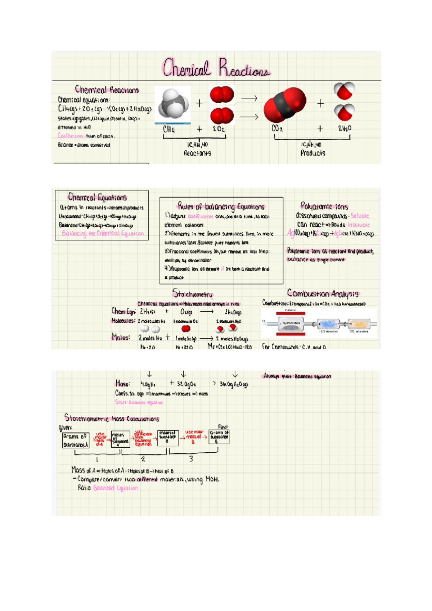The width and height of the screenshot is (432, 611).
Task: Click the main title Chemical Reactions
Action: click(x=216, y=68)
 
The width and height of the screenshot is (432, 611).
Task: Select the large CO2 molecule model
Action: click(x=285, y=104)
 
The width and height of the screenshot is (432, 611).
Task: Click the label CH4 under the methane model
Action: click(x=169, y=129)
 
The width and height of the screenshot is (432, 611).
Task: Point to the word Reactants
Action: click(x=197, y=153)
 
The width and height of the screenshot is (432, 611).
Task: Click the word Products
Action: click(x=313, y=153)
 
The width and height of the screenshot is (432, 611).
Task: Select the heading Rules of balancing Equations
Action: click(x=221, y=206)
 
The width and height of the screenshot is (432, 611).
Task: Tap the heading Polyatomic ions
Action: click(x=324, y=206)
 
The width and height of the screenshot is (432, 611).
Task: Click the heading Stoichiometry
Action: click(x=193, y=294)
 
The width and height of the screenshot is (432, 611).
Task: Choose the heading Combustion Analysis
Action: click(x=323, y=294)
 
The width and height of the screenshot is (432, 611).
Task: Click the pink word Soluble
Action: click(x=360, y=216)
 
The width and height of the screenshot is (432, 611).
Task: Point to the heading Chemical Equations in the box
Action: click(x=97, y=197)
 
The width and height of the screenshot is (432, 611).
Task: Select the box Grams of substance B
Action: click(x=219, y=437)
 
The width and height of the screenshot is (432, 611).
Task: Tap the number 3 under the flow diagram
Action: click(x=191, y=459)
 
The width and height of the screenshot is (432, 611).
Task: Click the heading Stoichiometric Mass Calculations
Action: click(x=112, y=418)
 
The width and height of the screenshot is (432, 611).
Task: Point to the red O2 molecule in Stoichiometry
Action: click(x=186, y=329)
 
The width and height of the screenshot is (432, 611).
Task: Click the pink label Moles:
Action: click(x=121, y=338)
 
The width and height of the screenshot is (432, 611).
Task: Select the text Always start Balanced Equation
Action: click(x=297, y=376)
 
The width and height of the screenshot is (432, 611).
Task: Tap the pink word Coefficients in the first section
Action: click(x=71, y=136)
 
